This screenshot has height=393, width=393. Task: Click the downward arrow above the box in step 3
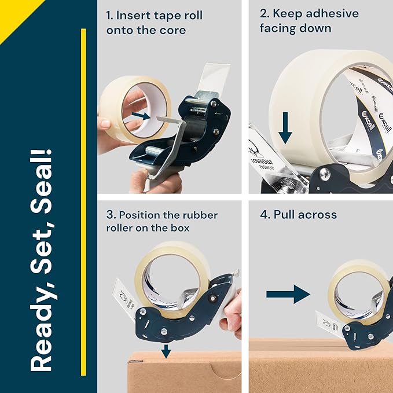166,350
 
